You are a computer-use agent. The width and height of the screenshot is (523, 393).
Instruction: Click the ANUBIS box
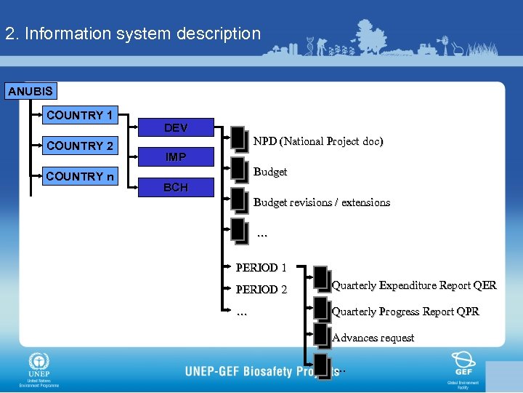tap(30, 92)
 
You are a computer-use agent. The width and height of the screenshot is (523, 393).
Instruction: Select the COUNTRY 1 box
tap(79, 115)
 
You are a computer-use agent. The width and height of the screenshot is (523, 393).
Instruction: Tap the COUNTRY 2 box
tap(79, 146)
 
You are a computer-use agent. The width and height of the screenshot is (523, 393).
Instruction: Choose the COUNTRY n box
tap(79, 176)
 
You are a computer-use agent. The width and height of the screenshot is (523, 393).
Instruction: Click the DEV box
tap(176, 127)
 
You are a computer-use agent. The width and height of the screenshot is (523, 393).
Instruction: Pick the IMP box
tap(176, 156)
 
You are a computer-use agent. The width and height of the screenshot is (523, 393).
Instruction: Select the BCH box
tap(176, 187)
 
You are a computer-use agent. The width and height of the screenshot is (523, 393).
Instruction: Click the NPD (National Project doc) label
tap(318, 141)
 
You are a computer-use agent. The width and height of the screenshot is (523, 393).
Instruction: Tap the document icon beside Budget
tap(238, 168)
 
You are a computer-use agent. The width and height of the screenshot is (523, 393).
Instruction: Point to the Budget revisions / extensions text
tap(322, 202)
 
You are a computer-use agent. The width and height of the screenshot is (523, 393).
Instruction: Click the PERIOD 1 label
tap(261, 267)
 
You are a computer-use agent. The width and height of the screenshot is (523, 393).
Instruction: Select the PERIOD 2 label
tap(261, 290)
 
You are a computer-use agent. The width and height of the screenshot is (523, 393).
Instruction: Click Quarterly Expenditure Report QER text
tap(414, 285)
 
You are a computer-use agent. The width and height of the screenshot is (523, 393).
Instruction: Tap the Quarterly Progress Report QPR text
tap(405, 311)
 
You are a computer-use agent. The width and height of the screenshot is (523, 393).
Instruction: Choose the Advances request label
tap(373, 338)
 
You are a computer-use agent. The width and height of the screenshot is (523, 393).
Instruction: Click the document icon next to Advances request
tap(321, 335)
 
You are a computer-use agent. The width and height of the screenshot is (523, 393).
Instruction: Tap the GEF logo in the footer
tap(463, 362)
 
